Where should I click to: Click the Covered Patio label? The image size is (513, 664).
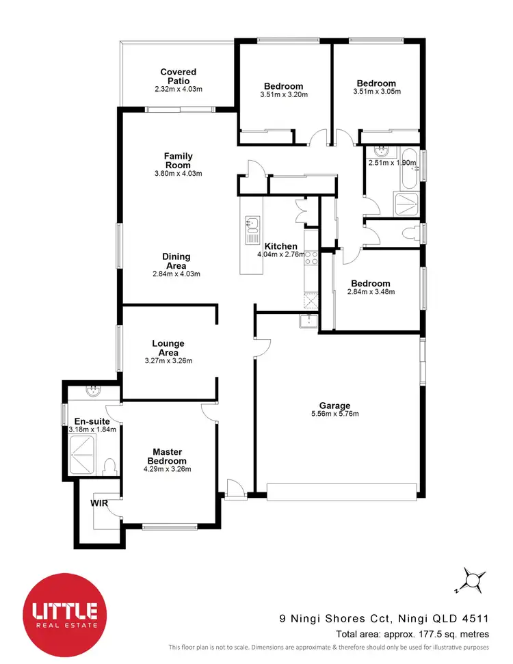pos(178,76)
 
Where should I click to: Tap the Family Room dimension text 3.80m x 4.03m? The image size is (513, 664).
pos(178,174)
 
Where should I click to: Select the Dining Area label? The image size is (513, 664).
pos(176,261)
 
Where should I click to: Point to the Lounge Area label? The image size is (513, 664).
pos(168,348)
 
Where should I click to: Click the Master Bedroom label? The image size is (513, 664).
pos(167,456)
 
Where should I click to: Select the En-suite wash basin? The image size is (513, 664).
pos(92,391)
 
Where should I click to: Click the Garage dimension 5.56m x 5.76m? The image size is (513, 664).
pos(334,414)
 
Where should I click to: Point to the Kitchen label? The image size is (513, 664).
pos(280,246)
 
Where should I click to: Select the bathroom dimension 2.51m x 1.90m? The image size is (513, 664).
pos(393,163)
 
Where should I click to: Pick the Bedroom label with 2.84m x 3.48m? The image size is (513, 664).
pos(371,283)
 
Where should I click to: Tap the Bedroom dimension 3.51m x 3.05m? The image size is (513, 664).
pos(376,92)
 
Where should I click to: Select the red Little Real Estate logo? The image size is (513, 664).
pos(61,611)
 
